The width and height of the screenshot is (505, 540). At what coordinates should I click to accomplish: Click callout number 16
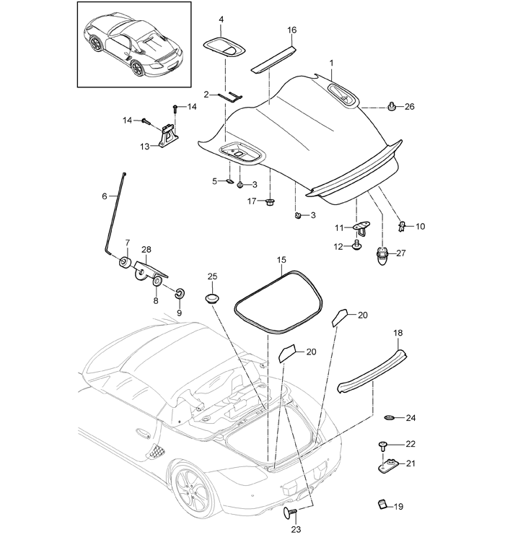pyautogui.click(x=291, y=30)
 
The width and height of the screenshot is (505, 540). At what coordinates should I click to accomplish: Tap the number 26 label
pyautogui.click(x=410, y=107)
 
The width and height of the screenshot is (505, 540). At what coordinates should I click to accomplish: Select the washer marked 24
pyautogui.click(x=390, y=418)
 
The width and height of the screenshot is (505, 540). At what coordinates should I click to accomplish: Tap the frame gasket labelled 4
pyautogui.click(x=224, y=47)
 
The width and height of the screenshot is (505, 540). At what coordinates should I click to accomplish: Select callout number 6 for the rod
pyautogui.click(x=104, y=196)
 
